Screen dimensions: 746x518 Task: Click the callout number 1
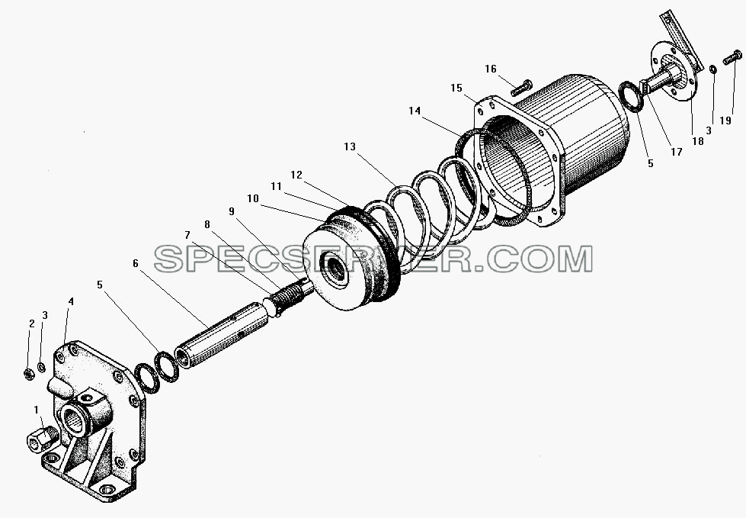(36, 410)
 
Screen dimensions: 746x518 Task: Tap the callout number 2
(32, 323)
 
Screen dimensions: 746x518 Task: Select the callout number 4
(71, 301)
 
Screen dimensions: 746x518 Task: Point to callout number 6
(136, 263)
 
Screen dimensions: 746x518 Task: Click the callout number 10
(253, 198)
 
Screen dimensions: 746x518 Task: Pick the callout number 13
(350, 146)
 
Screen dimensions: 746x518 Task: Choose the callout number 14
(415, 111)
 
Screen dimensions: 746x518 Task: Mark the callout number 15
(456, 88)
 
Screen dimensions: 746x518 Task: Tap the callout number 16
(491, 69)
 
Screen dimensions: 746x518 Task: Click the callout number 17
(677, 151)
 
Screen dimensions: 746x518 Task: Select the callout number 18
(698, 141)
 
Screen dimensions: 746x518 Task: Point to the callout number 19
(725, 121)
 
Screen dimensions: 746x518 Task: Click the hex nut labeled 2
(27, 374)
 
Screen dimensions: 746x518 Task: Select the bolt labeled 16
(522, 87)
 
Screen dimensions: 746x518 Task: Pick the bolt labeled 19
(732, 57)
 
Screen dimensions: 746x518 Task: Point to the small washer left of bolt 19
(712, 69)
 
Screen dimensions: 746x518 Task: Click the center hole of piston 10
(336, 269)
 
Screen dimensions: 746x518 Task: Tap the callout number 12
(296, 175)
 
